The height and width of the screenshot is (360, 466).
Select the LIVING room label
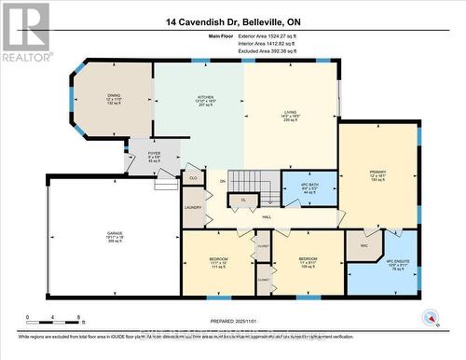point(290,113)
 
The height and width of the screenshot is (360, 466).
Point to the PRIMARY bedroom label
point(377,173)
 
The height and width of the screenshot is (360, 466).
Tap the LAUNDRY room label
point(194,207)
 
